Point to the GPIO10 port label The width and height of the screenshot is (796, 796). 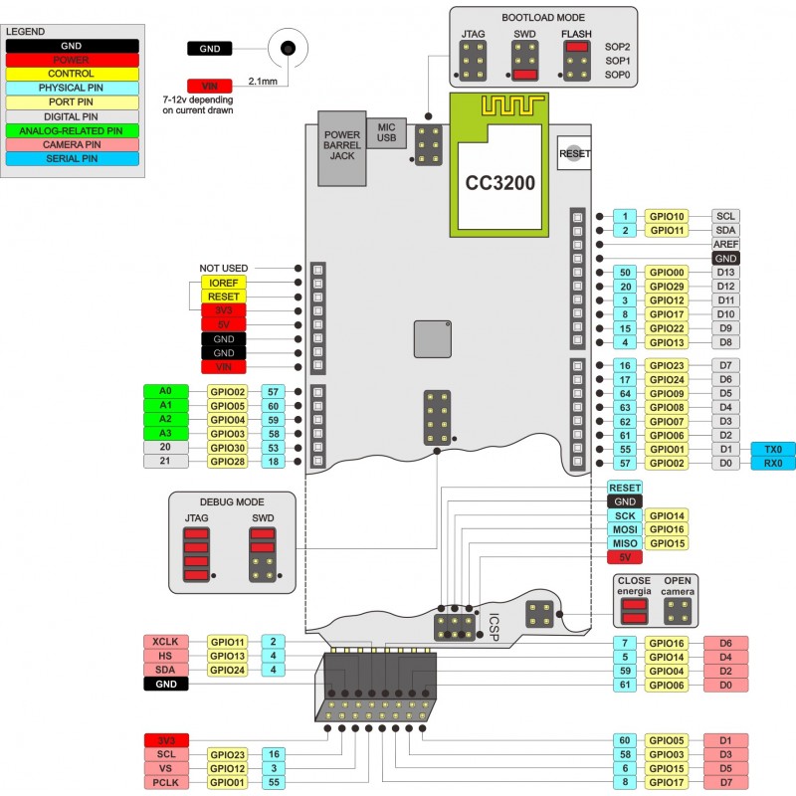click(x=666, y=216)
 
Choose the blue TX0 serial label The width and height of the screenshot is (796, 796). click(x=773, y=450)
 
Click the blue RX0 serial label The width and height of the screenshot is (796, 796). click(x=773, y=464)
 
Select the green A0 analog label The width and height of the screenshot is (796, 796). click(x=165, y=392)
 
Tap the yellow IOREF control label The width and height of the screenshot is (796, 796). click(x=223, y=283)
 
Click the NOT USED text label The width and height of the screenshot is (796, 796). click(x=223, y=269)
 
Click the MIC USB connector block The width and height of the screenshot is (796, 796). click(x=387, y=133)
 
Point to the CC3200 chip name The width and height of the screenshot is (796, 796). click(x=501, y=183)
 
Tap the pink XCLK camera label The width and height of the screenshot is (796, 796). click(x=165, y=642)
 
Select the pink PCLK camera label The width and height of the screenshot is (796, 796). click(x=165, y=783)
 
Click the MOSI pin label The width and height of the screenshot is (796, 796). click(x=624, y=529)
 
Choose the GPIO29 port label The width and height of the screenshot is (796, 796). click(x=666, y=287)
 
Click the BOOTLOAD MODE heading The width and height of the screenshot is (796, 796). click(x=542, y=17)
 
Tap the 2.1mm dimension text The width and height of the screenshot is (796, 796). click(x=262, y=81)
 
